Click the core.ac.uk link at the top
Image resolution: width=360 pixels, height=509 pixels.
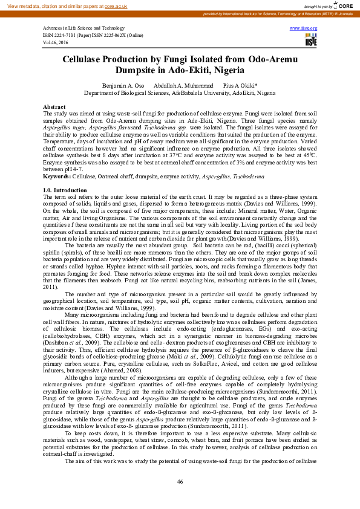click(x=117, y=5)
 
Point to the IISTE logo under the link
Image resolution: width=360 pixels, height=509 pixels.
click(x=311, y=41)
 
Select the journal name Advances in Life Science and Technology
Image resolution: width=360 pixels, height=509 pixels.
click(x=83, y=28)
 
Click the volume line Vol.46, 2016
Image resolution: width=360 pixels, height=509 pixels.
click(x=55, y=43)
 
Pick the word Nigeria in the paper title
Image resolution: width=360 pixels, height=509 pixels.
click(x=214, y=70)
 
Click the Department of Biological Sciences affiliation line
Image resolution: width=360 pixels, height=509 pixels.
click(x=179, y=94)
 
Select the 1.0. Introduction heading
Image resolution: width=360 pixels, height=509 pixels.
click(x=65, y=190)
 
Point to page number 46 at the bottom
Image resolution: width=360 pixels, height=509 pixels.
click(x=180, y=481)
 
